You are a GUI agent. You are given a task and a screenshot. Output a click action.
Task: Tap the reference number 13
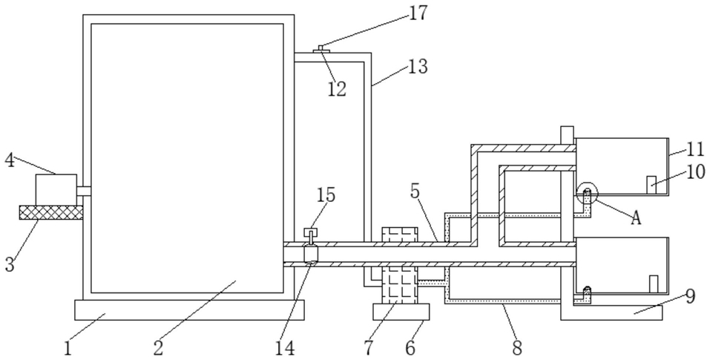pos(417,66)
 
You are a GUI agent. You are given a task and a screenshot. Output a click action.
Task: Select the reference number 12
pos(337,89)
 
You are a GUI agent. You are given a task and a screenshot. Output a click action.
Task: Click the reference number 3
pos(10,264)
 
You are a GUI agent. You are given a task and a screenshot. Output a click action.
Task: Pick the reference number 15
pos(326,194)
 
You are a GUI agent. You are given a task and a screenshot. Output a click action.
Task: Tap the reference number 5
pos(415,191)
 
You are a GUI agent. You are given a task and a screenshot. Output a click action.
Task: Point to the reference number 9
pos(690,296)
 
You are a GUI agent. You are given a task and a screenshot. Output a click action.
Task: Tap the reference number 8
pos(517,346)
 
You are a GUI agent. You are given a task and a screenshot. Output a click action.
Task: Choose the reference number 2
pos(158,346)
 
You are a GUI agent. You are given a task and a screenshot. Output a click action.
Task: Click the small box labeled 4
pos(56,186)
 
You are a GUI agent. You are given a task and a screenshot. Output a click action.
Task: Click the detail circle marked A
pos(586,193)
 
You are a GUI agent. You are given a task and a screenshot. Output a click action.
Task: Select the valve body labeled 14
pos(311,255)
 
